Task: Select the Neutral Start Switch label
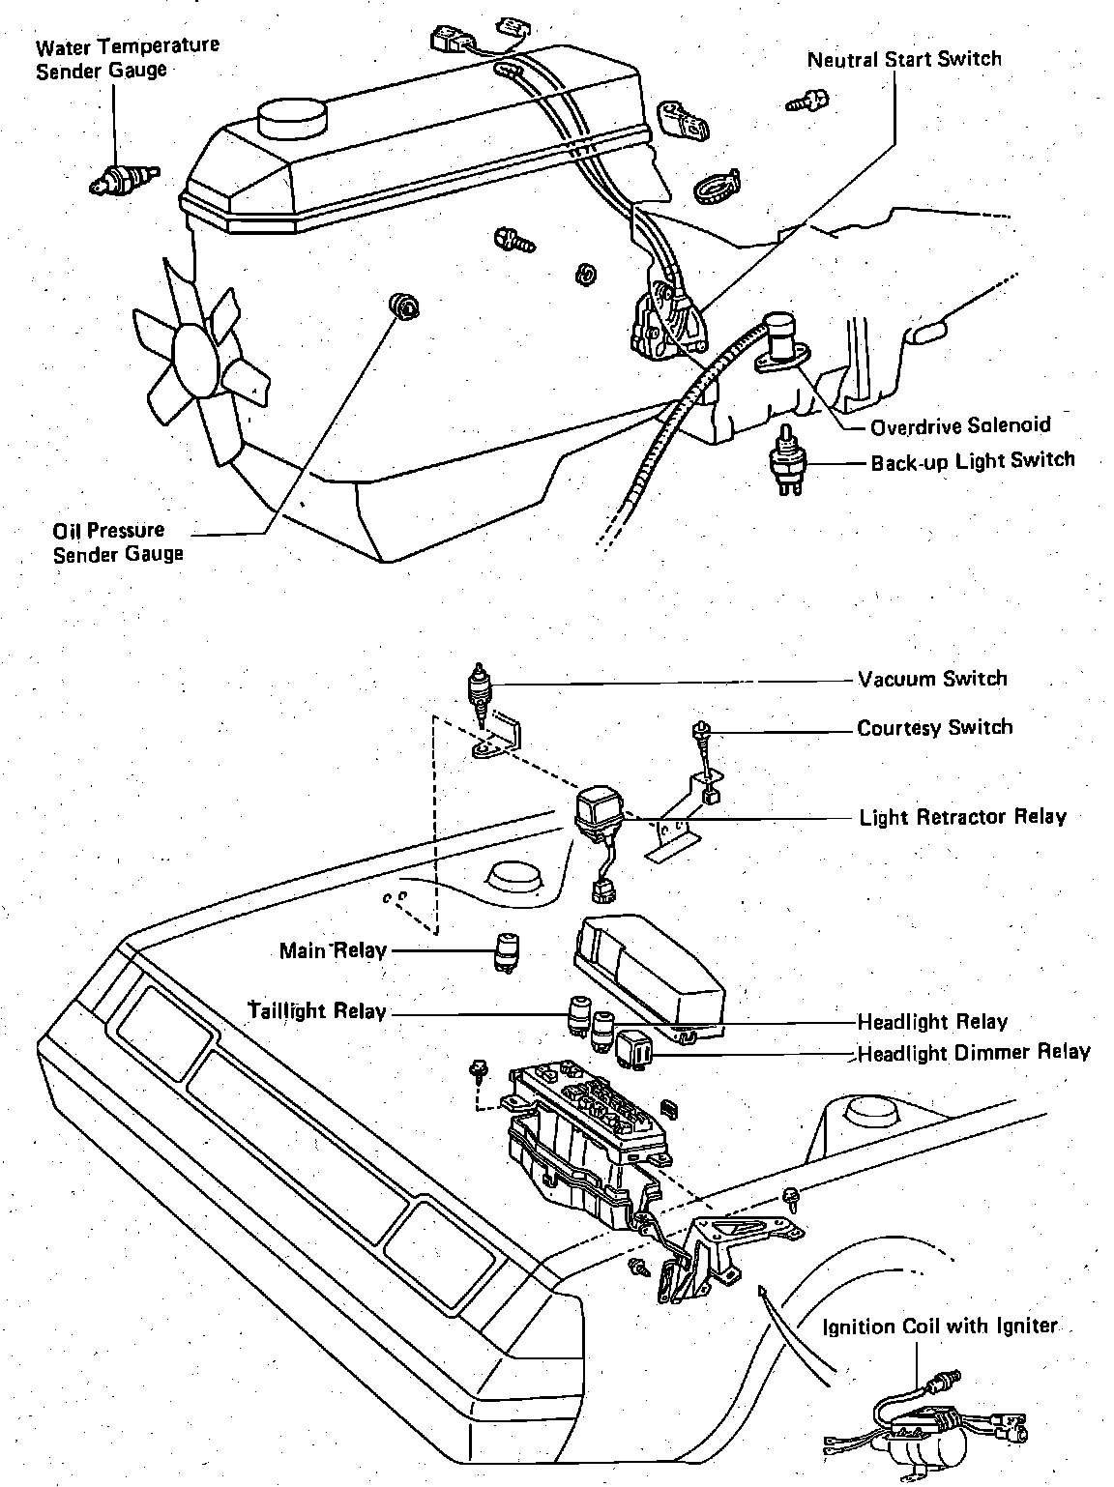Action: [904, 59]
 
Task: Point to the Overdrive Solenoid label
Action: [959, 425]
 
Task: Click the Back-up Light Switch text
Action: [972, 461]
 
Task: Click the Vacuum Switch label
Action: [932, 679]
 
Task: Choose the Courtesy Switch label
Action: [934, 727]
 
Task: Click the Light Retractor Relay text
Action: [962, 817]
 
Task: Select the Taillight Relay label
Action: [318, 1011]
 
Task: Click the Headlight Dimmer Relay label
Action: [973, 1052]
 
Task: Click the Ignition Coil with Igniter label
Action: [940, 1327]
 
